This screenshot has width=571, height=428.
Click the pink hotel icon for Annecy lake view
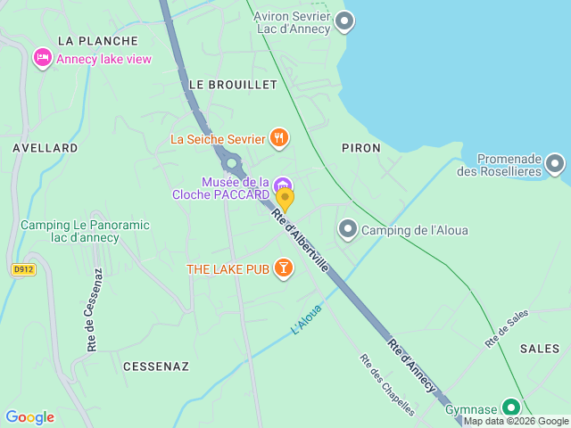42,59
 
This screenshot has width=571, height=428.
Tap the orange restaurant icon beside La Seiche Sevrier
280,137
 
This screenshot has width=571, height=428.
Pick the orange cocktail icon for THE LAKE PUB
283,267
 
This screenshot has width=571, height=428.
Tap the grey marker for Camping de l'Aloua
347,230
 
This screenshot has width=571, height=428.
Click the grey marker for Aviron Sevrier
343,21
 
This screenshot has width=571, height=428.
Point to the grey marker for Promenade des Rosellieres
555,163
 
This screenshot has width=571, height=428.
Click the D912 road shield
23,268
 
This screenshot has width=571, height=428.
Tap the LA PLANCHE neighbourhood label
97,41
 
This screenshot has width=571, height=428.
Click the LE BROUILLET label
233,84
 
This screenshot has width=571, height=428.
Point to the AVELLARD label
46,148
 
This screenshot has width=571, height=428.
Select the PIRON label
360,148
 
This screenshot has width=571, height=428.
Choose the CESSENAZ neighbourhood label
155,366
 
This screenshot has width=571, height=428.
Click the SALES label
539,349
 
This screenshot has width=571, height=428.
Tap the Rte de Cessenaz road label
92,311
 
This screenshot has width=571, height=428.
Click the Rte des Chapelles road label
387,385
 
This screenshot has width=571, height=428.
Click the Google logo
29,416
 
